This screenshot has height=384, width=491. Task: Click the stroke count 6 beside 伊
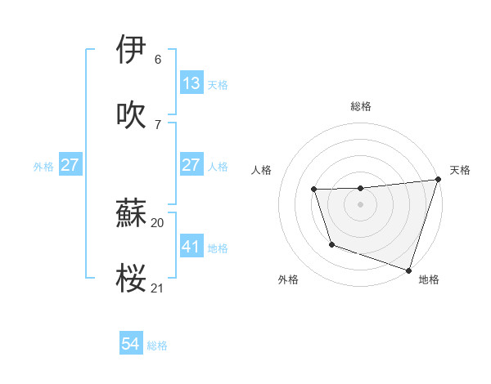[158, 60]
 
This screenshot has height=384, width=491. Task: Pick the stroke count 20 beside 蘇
[158, 221]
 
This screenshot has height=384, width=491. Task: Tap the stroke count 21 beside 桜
[158, 288]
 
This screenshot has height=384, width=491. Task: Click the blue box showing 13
[191, 83]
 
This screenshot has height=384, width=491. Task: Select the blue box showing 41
[191, 246]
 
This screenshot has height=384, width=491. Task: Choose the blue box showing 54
[131, 344]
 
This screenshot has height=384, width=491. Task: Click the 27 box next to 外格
[70, 165]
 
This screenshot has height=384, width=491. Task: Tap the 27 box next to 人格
[191, 165]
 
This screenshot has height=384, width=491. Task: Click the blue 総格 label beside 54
[157, 346]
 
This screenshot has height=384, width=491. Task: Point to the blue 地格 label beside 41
[218, 248]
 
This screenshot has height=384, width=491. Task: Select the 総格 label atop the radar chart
[361, 106]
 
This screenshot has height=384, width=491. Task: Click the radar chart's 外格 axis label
[288, 279]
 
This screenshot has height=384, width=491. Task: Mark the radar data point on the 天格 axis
[438, 180]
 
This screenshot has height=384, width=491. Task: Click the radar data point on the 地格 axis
[408, 270]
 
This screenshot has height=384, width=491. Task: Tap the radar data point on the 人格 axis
[314, 190]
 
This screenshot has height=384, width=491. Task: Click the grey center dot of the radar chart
[361, 204]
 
